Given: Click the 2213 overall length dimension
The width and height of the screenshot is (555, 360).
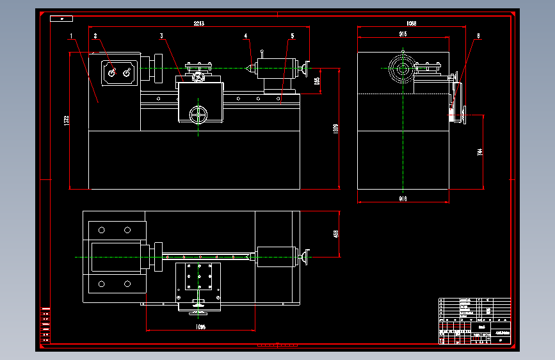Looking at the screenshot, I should point(199,24).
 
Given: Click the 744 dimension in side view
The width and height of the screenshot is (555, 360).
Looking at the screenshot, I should point(480,152).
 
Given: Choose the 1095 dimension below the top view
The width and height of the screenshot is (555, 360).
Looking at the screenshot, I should point(201,327).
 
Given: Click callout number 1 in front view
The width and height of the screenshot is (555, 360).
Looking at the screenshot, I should point(72,36).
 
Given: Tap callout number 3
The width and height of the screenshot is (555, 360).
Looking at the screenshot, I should point(161,36).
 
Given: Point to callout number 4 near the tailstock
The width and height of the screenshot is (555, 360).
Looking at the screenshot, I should point(245,36).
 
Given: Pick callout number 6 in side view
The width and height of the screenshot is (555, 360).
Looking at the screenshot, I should point(477,36).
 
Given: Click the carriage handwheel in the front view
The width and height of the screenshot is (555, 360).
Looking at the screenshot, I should point(199,115).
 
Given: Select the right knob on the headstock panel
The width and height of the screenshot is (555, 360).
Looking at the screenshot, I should point(126,73).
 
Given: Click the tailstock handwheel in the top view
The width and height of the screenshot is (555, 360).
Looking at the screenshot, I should point(307,257).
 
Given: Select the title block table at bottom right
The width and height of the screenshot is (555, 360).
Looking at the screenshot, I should point(475,321).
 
